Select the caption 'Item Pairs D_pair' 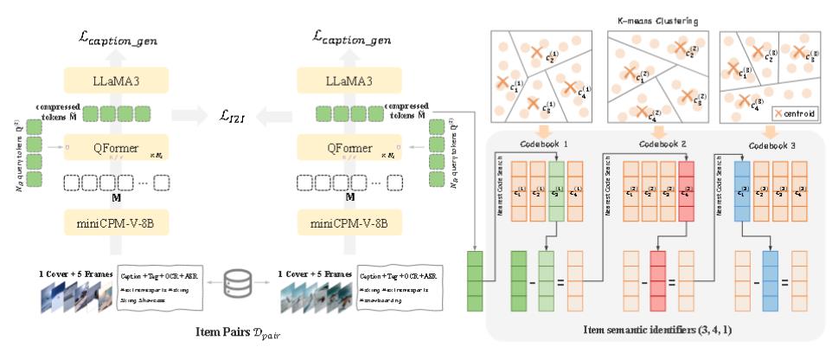[x=235, y=332]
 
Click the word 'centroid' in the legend [x=801, y=112]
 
